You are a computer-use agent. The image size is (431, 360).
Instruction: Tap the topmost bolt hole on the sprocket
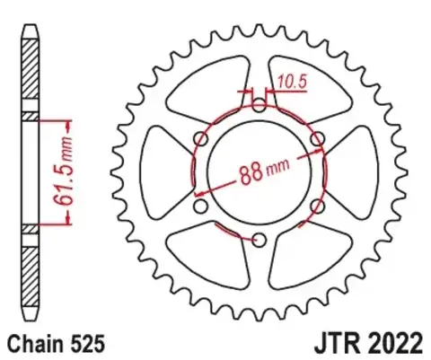(x=259, y=106)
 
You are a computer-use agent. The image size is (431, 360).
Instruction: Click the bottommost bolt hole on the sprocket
(x=259, y=240)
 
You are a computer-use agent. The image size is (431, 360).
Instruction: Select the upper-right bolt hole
(x=316, y=138)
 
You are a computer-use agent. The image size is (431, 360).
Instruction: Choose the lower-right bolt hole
(x=316, y=206)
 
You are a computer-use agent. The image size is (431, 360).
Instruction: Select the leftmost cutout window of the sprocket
(x=164, y=171)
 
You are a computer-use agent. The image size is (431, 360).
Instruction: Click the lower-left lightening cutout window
(x=211, y=258)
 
